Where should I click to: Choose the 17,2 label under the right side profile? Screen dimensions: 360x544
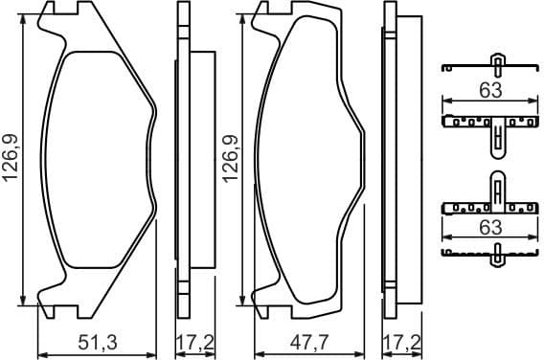pos(402,342)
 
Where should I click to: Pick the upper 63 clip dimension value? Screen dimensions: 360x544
pos(490,92)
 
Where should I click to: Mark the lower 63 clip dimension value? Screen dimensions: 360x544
pos(490,227)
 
